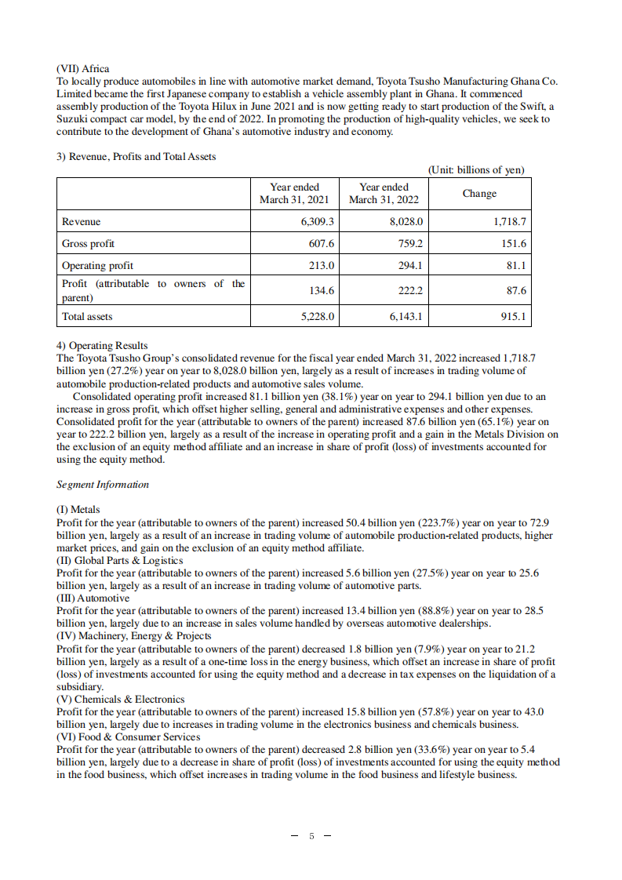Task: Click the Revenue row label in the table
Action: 82,222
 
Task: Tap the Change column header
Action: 478,194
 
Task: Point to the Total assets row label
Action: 87,317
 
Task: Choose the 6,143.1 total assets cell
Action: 406,317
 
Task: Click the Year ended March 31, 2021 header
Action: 294,194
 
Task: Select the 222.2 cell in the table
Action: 409,291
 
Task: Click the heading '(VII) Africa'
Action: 83,69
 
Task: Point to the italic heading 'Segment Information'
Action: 103,485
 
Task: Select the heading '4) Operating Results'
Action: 102,345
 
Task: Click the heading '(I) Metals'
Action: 78,510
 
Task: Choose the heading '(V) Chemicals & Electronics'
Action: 121,700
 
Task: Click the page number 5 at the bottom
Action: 311,836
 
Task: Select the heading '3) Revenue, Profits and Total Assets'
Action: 136,156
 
